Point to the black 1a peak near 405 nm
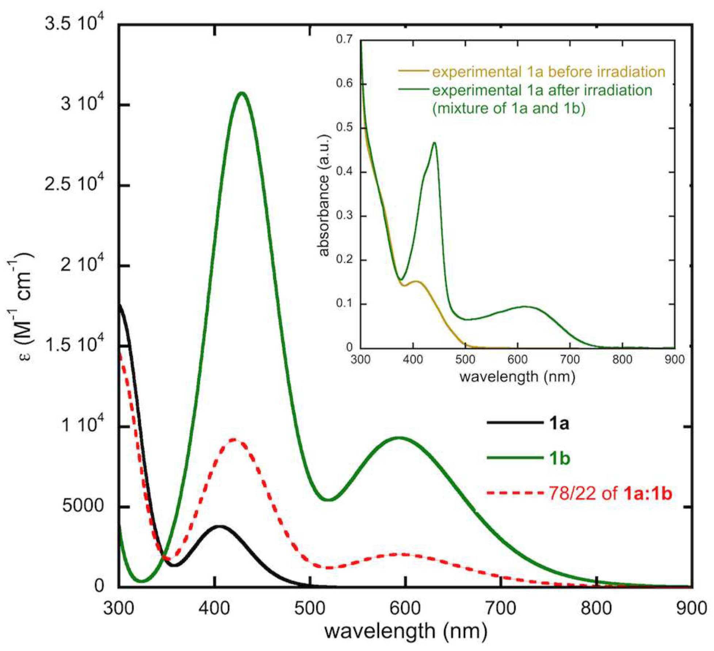tap(219, 526)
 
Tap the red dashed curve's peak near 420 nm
tap(233, 439)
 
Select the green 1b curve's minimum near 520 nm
tap(328, 500)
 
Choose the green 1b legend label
tap(559, 458)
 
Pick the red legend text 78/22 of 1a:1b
tap(610, 494)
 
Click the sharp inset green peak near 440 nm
tap(434, 143)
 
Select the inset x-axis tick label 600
tap(518, 359)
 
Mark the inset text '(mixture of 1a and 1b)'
tap(509, 109)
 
